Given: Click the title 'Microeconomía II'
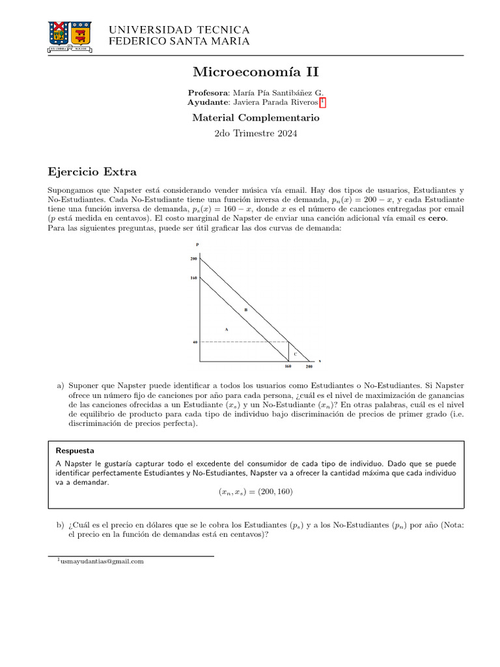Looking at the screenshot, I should (x=256, y=72).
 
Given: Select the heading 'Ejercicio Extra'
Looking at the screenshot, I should (x=92, y=172).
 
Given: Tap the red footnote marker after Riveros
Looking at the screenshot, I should (x=322, y=103).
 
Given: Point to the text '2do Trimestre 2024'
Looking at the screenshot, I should (x=256, y=134).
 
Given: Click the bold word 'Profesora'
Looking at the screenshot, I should (x=208, y=92).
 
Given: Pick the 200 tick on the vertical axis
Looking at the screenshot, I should (x=193, y=259).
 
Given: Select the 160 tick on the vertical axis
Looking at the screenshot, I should (x=193, y=277).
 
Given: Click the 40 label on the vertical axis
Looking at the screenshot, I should (x=194, y=341).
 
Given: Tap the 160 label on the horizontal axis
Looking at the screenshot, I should (x=288, y=367).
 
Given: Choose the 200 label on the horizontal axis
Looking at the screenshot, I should (x=309, y=367).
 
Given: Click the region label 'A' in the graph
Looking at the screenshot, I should (x=227, y=330).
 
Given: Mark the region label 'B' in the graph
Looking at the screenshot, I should (x=245, y=309).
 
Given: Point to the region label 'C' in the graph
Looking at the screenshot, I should (x=295, y=354).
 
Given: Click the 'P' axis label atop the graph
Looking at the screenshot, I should (x=197, y=244).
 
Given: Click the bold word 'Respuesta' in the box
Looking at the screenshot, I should (x=75, y=450).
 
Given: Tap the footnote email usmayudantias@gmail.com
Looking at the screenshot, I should (x=101, y=561).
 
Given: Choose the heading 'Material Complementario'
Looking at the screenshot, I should (x=256, y=118).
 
